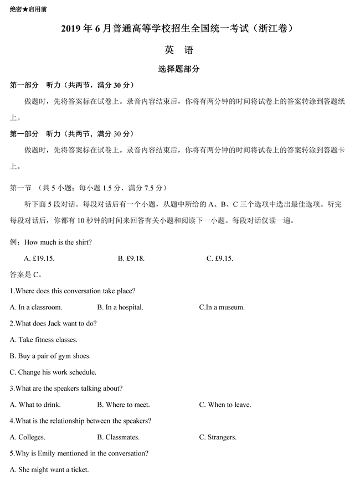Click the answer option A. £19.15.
coord(39,258)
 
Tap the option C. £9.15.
coord(220,258)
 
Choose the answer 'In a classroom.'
coord(36,307)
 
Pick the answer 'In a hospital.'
coord(120,307)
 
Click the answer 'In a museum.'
coord(222,307)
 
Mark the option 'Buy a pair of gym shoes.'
coord(50,356)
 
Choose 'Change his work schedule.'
coord(53,372)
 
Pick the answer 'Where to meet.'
coord(124,405)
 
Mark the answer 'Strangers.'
coord(218,437)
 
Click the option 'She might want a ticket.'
coord(49,470)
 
